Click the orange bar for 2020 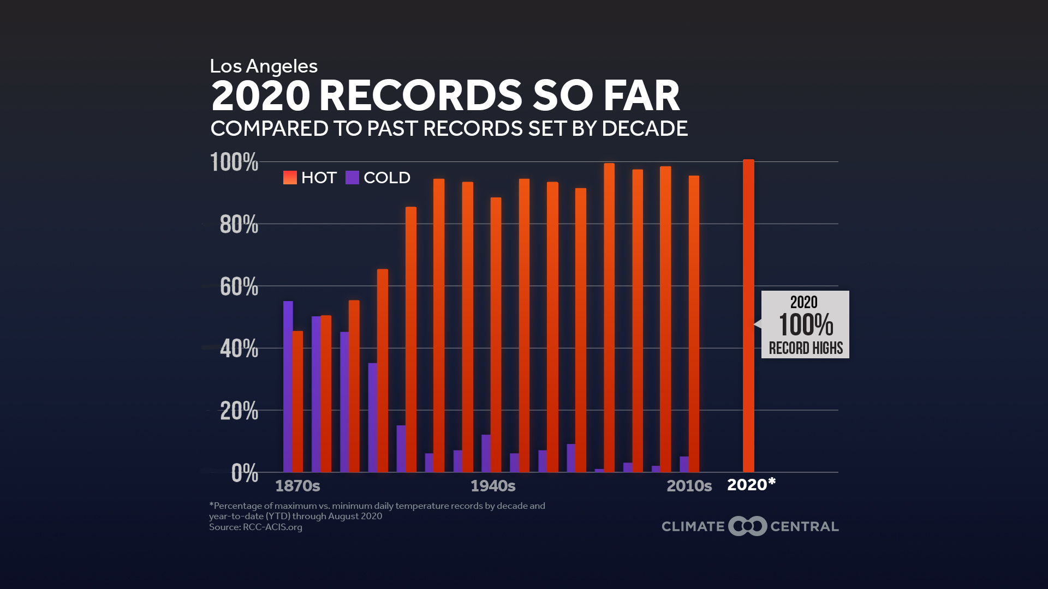tap(748, 316)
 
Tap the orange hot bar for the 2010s tap(694, 324)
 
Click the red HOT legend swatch tap(290, 178)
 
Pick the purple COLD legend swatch tap(352, 178)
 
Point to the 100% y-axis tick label tap(234, 163)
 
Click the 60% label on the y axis tap(239, 287)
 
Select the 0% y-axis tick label tap(245, 473)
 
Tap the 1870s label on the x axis tap(297, 486)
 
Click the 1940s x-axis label tap(493, 486)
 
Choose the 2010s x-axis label tap(689, 486)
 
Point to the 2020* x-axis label tap(751, 485)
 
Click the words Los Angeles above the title tap(264, 67)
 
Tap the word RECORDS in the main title tap(421, 96)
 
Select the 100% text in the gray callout tap(806, 325)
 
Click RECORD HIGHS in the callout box tap(806, 348)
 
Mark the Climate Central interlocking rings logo tap(748, 526)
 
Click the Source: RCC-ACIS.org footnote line tap(255, 527)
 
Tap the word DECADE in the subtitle tap(645, 129)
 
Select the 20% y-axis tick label tap(239, 411)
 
